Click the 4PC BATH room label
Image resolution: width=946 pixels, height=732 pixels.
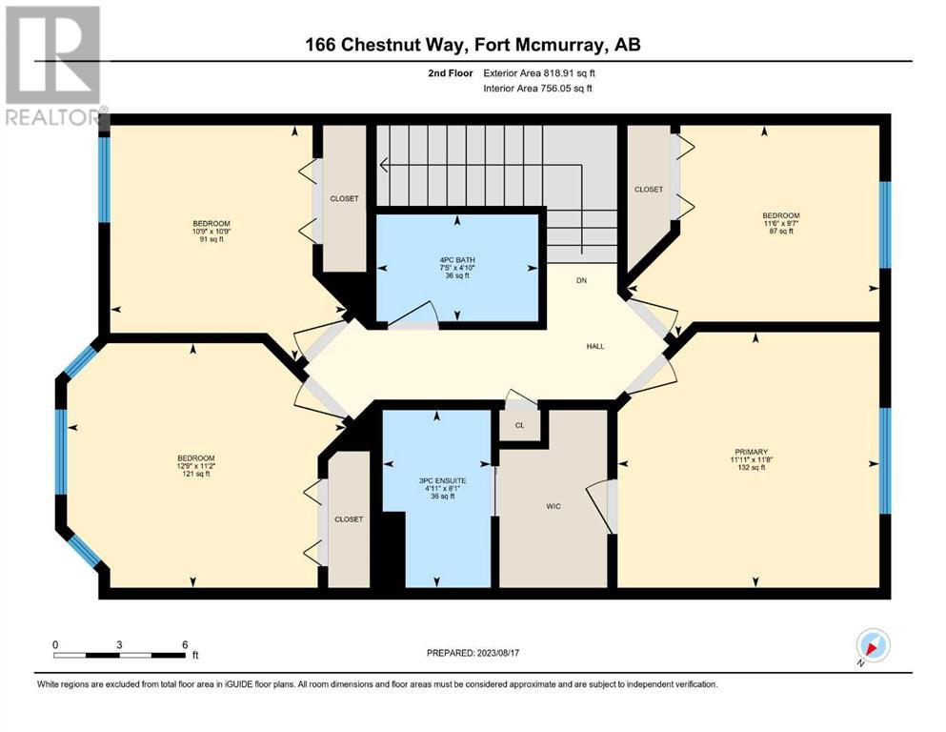(457, 260)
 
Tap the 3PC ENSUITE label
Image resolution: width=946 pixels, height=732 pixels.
(443, 481)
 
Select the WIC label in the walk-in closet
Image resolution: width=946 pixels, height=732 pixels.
(554, 506)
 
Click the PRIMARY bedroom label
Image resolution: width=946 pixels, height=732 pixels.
(751, 452)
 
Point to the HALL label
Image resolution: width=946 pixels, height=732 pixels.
(595, 346)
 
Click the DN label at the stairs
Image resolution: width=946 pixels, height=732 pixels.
(581, 280)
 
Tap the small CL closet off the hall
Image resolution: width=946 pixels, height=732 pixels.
(519, 425)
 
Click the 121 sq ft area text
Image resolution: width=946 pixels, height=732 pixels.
(196, 474)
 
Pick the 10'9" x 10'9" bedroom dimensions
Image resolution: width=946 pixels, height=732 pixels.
(211, 231)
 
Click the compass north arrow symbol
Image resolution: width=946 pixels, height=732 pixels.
(873, 645)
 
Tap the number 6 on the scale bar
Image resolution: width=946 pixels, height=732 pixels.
(185, 644)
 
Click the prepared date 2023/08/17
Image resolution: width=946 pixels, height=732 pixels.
(497, 653)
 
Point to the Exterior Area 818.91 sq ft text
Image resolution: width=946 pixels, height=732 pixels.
(539, 73)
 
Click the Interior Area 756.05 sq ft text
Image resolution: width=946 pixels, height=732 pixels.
(537, 88)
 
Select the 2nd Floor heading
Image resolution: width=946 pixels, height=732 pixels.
(450, 73)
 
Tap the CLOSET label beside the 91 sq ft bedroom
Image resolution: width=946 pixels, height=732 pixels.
(345, 198)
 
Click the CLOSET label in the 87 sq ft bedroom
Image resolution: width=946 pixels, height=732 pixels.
(649, 190)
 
